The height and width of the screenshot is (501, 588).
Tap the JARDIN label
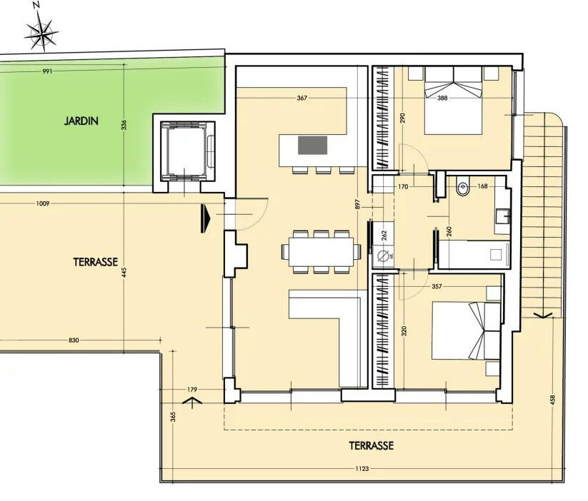pyautogui.click(x=81, y=121)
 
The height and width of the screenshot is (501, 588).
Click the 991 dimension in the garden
pyautogui.click(x=47, y=71)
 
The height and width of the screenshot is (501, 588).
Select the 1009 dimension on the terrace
pyautogui.click(x=43, y=203)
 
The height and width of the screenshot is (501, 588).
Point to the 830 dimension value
pyautogui.click(x=74, y=340)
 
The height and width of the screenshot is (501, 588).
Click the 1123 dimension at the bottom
pyautogui.click(x=362, y=468)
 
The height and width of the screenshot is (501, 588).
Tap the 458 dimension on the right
pyautogui.click(x=552, y=400)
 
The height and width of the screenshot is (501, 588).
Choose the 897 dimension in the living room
pyautogui.click(x=357, y=204)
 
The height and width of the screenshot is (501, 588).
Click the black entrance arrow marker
pyautogui.click(x=206, y=218)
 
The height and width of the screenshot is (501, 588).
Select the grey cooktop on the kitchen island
pyautogui.click(x=312, y=145)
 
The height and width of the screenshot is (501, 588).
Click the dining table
pyautogui.click(x=321, y=251)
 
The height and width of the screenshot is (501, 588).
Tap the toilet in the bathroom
pyautogui.click(x=463, y=188)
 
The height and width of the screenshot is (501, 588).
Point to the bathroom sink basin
pyautogui.click(x=502, y=216)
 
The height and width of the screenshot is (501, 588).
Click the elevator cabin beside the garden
pyautogui.click(x=187, y=151)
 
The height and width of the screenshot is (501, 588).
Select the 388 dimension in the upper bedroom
pyautogui.click(x=442, y=98)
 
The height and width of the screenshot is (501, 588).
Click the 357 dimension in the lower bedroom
pyautogui.click(x=437, y=286)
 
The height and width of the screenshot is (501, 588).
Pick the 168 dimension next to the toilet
pyautogui.click(x=483, y=186)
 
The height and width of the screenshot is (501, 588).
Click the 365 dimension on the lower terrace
pyautogui.click(x=173, y=417)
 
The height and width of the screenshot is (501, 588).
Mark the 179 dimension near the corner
pyautogui.click(x=192, y=390)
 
